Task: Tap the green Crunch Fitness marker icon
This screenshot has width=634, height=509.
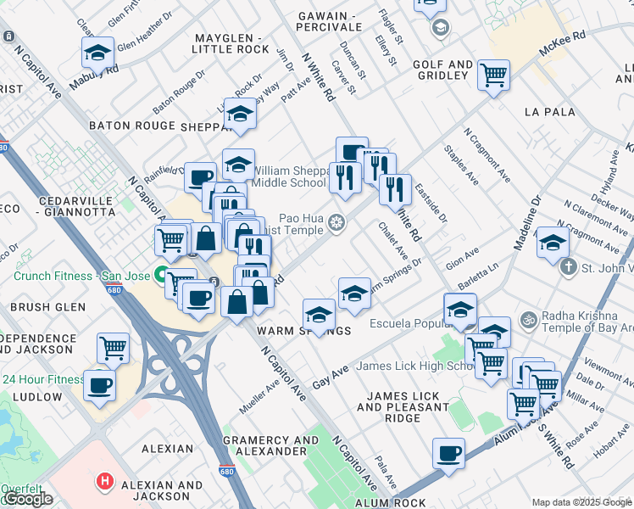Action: pyautogui.click(x=159, y=275)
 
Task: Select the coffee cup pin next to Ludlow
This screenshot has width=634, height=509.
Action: pyautogui.click(x=99, y=384)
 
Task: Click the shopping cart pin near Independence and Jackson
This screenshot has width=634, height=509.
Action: pyautogui.click(x=114, y=346)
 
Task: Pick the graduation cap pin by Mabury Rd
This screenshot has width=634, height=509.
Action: pyautogui.click(x=97, y=53)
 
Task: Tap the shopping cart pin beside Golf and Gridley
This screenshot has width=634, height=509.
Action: pyautogui.click(x=493, y=75)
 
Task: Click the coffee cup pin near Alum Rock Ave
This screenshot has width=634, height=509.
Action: pyautogui.click(x=448, y=453)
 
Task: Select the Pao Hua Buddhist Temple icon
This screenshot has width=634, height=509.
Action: pyautogui.click(x=336, y=223)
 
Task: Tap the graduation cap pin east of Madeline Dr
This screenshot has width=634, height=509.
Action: pyautogui.click(x=553, y=243)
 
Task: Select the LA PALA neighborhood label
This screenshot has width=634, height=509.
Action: pyautogui.click(x=549, y=111)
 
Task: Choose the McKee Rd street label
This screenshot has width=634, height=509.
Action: pyautogui.click(x=566, y=37)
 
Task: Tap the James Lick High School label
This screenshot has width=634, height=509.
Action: pyautogui.click(x=414, y=366)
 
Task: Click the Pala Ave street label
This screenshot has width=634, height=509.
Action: pyautogui.click(x=385, y=469)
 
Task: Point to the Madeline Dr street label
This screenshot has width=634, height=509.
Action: pyautogui.click(x=526, y=225)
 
